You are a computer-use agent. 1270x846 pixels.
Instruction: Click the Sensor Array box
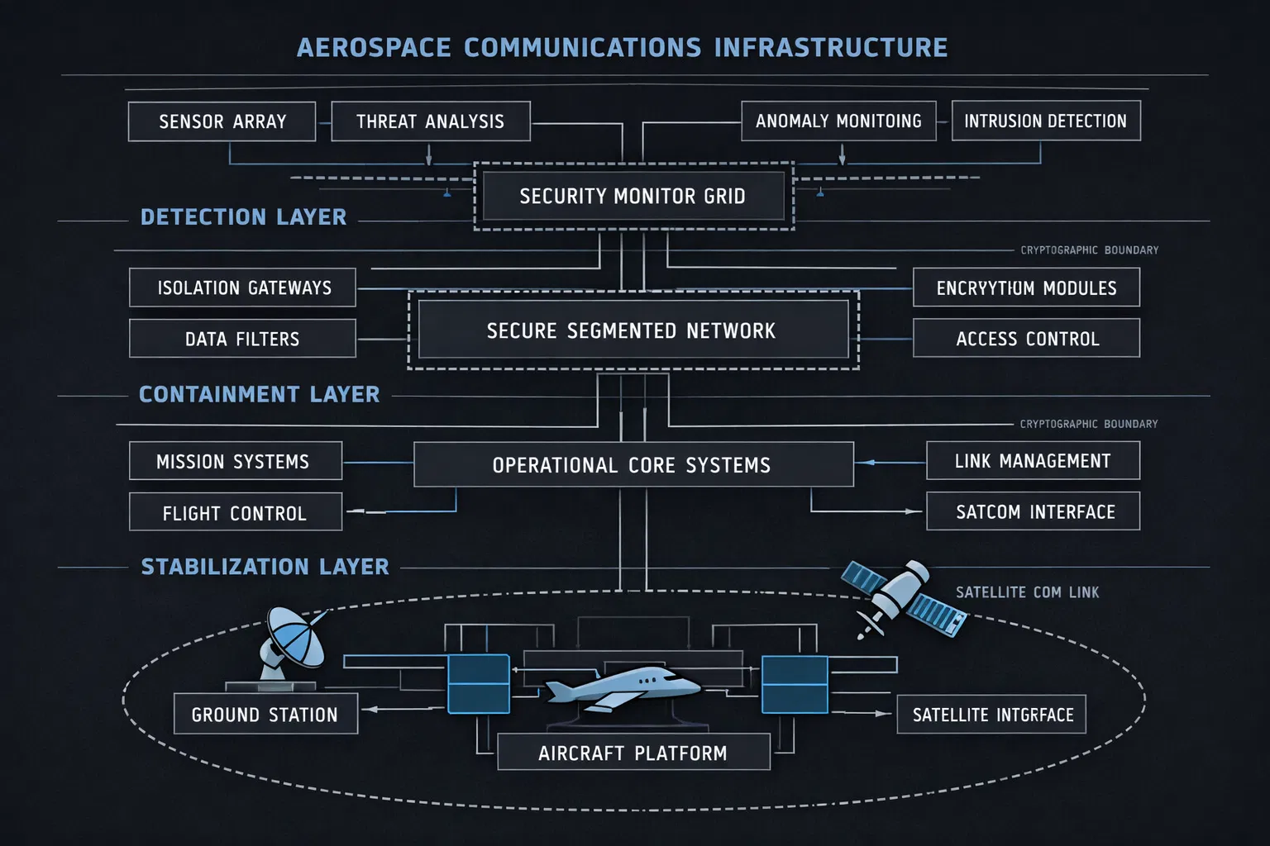coord(222,121)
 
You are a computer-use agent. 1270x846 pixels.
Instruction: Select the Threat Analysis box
coord(430,121)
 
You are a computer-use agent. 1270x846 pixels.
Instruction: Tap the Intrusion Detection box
coord(1045,121)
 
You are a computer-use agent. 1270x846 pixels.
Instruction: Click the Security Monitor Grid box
coord(633,196)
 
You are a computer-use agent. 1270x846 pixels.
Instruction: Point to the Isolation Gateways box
coord(243,288)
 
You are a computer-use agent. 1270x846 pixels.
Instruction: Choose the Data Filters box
coord(242,339)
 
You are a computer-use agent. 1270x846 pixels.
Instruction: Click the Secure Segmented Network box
coord(633,330)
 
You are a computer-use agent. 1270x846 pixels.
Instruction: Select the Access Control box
coord(1026,339)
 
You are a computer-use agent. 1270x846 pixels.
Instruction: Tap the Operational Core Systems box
coord(633,465)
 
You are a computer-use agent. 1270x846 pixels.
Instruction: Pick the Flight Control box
coord(235,512)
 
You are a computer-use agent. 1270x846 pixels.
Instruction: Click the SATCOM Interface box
coord(1034,511)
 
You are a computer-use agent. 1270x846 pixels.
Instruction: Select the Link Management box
coord(1032,460)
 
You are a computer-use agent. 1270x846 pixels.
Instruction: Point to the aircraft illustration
coord(622,686)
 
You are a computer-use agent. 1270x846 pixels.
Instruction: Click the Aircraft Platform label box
coord(633,753)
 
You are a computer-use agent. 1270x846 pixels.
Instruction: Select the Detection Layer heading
coord(243,217)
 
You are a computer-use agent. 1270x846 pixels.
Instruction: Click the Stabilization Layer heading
coord(265,567)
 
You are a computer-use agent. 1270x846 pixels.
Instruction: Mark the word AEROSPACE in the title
coord(374,47)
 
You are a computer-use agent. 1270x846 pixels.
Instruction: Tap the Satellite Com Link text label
coord(1027,592)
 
